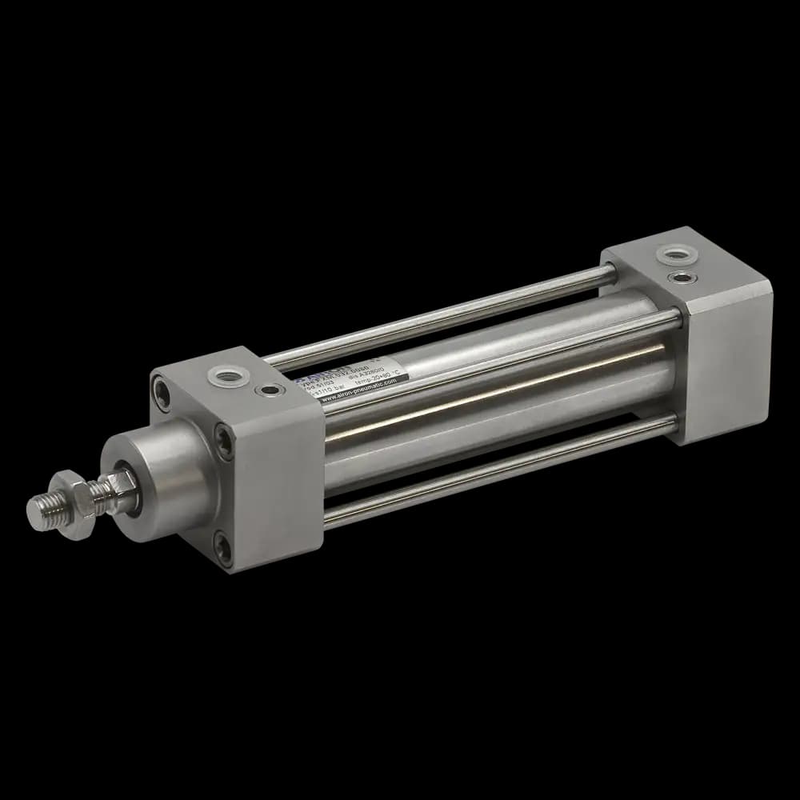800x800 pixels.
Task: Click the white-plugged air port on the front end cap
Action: (x=218, y=374)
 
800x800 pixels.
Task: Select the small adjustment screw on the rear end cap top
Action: (x=683, y=278)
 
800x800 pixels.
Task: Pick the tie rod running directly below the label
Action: (x=496, y=360)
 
